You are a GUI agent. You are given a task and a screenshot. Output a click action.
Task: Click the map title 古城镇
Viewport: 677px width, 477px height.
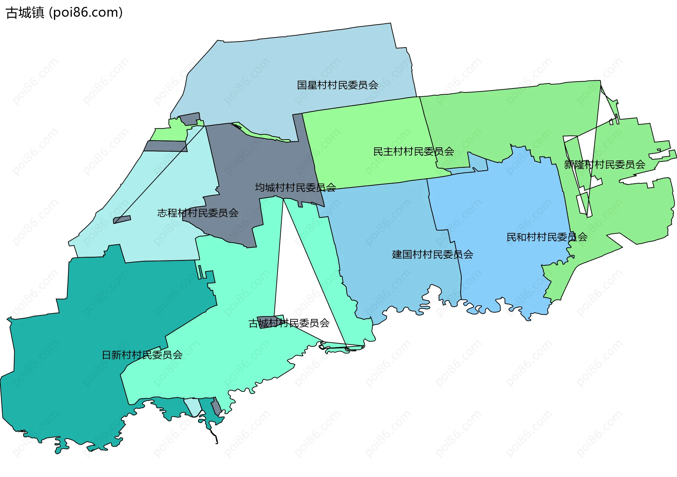tap(25, 13)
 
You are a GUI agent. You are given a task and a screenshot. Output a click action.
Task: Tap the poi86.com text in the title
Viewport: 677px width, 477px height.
tap(86, 13)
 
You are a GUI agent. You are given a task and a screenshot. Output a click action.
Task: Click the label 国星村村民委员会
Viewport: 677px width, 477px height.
tap(337, 85)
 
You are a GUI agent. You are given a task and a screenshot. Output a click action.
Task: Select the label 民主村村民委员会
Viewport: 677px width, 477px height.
tap(414, 152)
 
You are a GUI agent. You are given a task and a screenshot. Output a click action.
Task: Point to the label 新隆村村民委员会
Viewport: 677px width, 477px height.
tap(604, 165)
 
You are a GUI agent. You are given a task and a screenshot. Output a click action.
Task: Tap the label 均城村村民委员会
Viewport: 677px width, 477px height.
tap(295, 188)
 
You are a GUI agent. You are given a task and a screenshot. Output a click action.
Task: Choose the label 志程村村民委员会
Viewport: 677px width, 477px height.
tap(197, 213)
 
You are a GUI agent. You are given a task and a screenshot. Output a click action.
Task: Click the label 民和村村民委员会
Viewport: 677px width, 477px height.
tap(547, 237)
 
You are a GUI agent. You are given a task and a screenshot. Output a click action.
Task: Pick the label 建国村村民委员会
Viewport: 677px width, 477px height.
tap(433, 255)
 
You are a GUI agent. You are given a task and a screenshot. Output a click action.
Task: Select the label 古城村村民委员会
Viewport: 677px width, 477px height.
tap(289, 323)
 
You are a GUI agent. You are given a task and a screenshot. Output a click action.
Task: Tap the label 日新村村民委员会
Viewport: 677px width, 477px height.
tap(142, 355)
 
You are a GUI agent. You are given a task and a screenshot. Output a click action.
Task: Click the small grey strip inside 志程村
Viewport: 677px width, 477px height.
tap(122, 220)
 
